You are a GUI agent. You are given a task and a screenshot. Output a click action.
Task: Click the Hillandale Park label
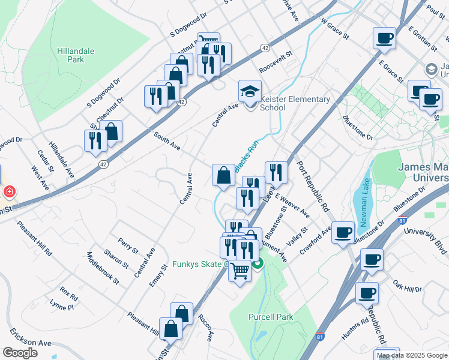click(x=75, y=56)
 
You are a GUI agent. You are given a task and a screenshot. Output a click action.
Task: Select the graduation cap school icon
click(x=250, y=92)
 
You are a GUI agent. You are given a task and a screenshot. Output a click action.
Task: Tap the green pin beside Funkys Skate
click(x=257, y=263)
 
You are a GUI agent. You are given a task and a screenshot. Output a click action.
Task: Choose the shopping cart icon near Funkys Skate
click(x=240, y=272)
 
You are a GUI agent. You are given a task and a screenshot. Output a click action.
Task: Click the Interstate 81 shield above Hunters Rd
click(x=321, y=329)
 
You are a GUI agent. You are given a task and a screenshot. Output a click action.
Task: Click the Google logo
click(x=20, y=353)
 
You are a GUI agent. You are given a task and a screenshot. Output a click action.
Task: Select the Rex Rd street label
click(x=68, y=294)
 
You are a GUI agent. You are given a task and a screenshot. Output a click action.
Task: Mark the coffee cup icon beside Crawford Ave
click(x=343, y=232)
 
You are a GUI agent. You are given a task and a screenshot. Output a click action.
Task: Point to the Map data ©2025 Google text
click(x=412, y=355)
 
